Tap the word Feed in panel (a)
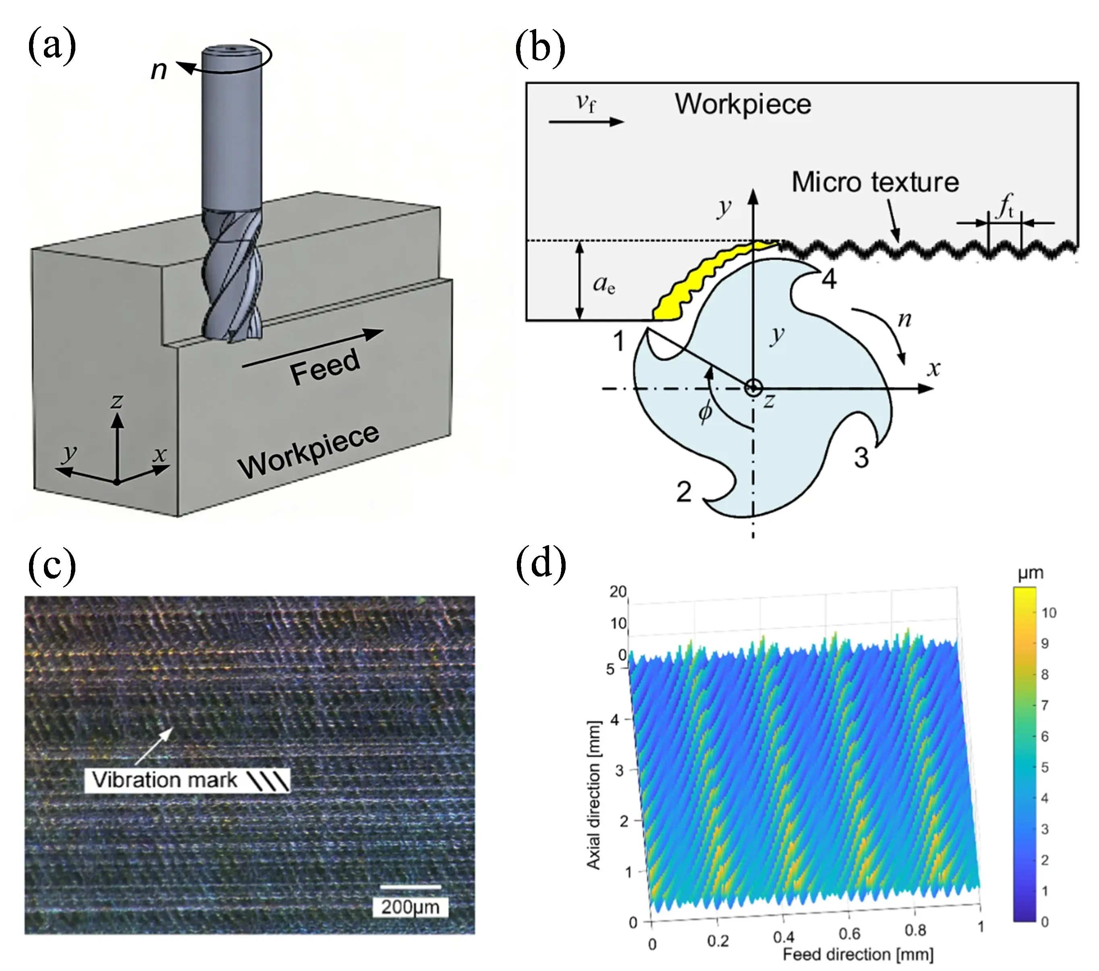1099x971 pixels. coord(325,365)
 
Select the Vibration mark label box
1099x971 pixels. coord(187,780)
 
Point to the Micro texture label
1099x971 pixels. coord(875,182)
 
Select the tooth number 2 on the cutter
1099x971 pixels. coord(683,492)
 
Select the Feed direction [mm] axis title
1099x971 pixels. coord(858,955)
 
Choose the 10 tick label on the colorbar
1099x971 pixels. coord(1049,612)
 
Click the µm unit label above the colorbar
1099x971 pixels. coord(1031,574)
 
